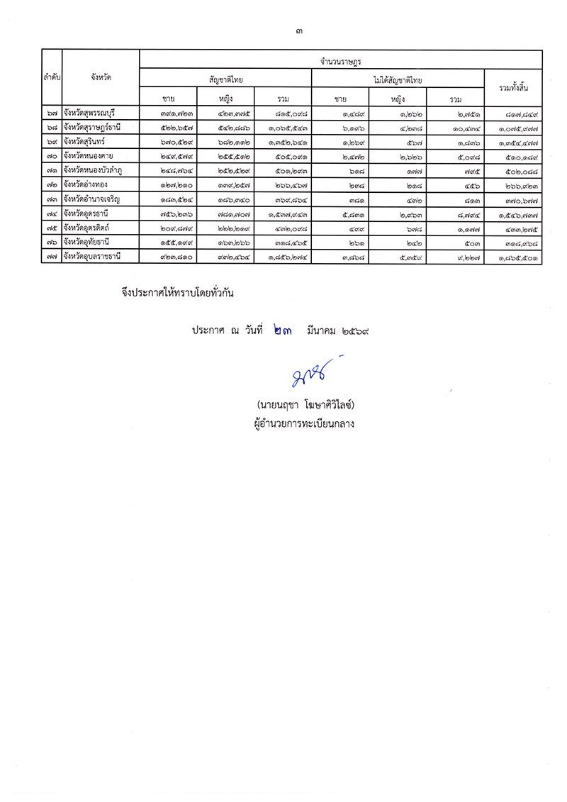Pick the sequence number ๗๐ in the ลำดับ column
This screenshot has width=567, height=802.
coord(52,155)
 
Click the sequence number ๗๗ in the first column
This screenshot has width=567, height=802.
coord(52,255)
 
